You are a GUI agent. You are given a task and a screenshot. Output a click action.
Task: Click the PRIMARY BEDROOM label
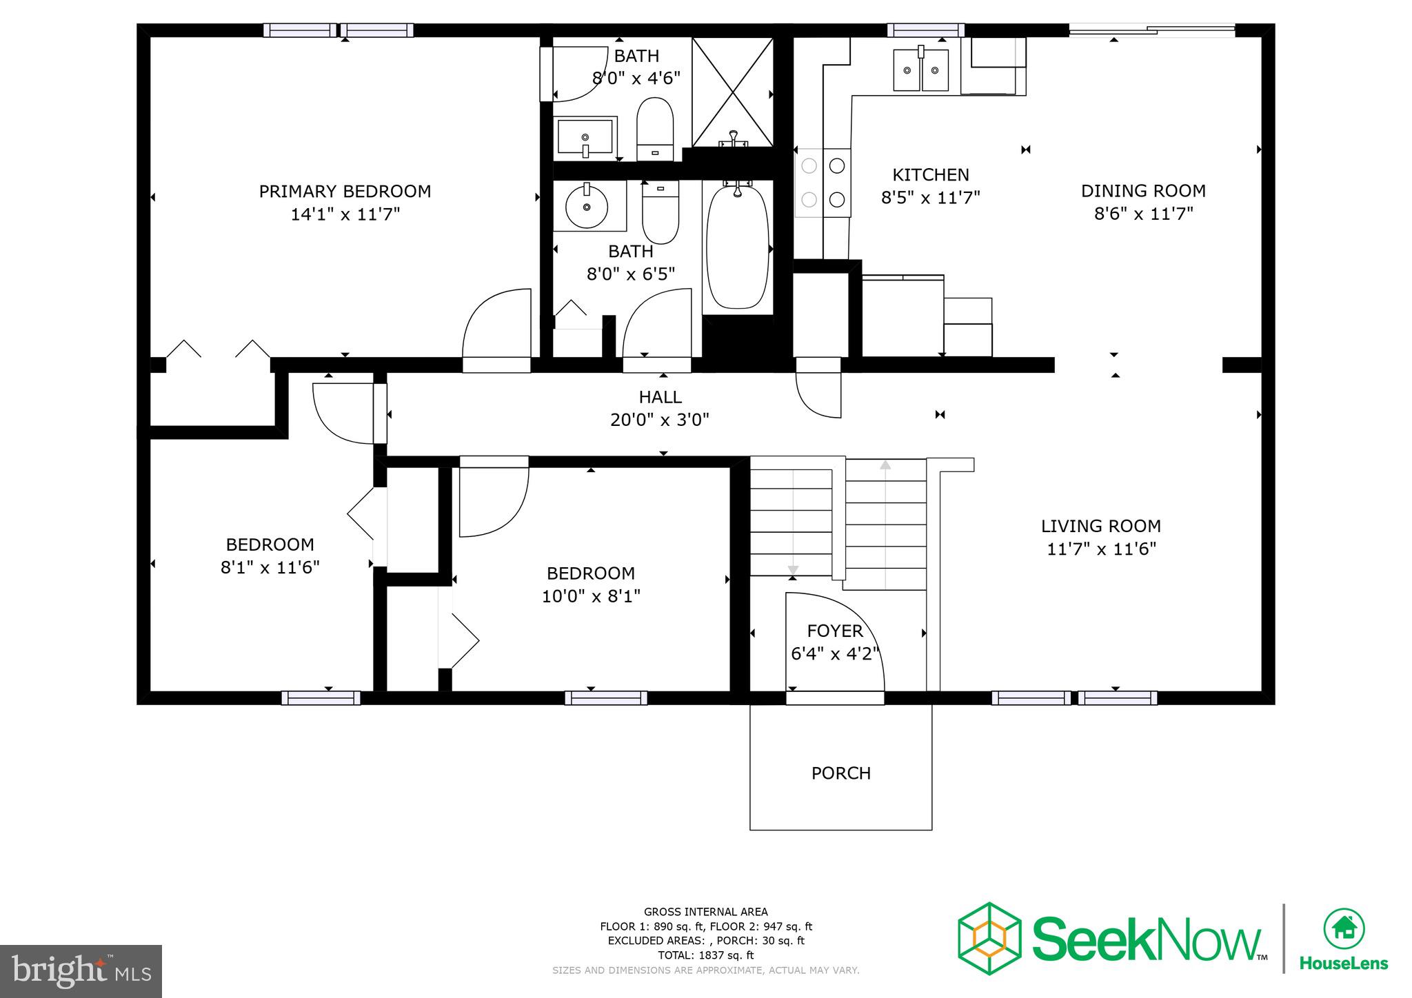[345, 192]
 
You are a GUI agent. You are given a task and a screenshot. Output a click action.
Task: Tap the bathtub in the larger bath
[737, 246]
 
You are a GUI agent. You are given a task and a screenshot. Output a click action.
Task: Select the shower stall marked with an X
[732, 92]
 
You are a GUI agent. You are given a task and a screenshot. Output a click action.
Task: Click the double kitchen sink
[920, 70]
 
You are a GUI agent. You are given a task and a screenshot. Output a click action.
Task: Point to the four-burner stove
[823, 183]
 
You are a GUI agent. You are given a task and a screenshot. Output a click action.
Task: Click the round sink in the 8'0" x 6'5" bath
[587, 205]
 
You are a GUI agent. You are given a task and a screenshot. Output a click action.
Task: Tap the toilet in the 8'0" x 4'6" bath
[654, 128]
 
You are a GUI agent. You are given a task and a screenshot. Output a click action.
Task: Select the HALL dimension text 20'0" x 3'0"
[659, 420]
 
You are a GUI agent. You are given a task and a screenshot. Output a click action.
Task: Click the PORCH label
[840, 773]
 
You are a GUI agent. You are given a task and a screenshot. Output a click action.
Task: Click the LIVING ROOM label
[1100, 527]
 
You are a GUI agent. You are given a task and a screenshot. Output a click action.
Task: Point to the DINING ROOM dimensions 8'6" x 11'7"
[1143, 214]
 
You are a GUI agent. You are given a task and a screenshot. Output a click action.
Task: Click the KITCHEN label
[930, 175]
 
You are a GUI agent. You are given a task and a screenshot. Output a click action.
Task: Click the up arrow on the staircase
[885, 466]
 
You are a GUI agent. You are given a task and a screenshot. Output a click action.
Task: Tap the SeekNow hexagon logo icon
[989, 938]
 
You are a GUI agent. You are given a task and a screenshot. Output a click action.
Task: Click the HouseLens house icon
[1343, 929]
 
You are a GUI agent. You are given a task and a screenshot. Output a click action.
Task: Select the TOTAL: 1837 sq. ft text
[705, 955]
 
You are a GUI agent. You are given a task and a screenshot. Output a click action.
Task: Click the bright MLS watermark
[81, 971]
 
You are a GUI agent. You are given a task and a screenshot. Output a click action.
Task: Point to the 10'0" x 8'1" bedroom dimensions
[591, 596]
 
